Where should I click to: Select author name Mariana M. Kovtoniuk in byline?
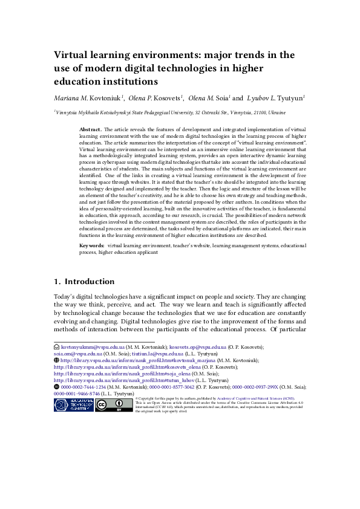click(88, 97)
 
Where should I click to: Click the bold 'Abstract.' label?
click(91, 129)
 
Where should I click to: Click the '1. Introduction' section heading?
click(84, 282)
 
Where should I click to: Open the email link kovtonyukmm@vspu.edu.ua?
click(93, 348)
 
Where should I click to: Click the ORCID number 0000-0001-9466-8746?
click(76, 393)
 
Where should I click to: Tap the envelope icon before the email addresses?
click(57, 348)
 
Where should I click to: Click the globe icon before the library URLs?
click(57, 360)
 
